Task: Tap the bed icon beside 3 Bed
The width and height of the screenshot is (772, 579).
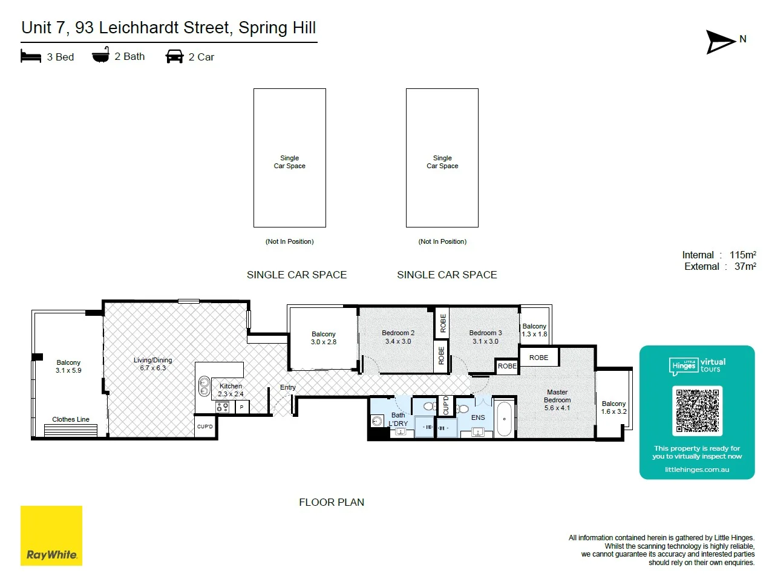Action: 31,56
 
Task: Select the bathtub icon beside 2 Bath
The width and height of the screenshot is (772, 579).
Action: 100,55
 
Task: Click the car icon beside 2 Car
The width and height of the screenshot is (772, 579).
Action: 174,56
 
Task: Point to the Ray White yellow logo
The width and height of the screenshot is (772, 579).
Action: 51,535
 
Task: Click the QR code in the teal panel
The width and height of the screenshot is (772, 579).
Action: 697,411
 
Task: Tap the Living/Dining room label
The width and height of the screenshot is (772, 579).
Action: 152,364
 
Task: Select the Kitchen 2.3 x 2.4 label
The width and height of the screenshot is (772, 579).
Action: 231,390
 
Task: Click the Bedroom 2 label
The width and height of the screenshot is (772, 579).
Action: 398,337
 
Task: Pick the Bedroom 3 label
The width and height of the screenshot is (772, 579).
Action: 485,337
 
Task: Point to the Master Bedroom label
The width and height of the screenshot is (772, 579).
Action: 557,400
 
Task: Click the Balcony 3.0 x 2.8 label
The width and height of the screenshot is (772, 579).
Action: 324,338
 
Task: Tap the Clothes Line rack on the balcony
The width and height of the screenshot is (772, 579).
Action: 71,430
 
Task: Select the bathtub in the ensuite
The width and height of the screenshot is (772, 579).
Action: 505,419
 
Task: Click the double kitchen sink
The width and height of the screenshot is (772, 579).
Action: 204,386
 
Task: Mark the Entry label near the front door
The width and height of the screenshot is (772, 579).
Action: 288,387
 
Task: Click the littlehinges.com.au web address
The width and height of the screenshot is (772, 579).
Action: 697,469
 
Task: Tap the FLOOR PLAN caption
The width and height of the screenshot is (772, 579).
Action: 332,502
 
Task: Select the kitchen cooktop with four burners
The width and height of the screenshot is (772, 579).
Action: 222,407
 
